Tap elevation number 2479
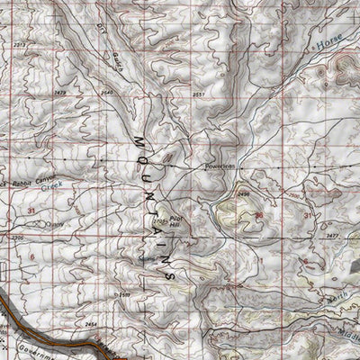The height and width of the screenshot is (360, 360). click(61, 92)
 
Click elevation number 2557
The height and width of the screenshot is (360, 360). click(198, 94)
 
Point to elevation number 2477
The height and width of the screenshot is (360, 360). click(332, 234)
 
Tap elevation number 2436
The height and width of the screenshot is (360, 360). click(242, 193)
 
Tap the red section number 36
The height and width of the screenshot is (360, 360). click(259, 216)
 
